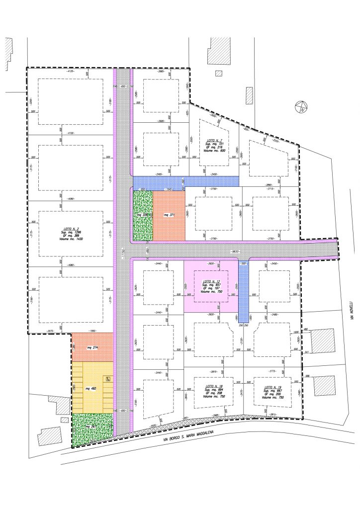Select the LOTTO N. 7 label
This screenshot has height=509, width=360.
[214, 141]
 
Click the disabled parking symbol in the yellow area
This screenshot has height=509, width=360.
[108, 379]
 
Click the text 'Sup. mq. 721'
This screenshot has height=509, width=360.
[215, 144]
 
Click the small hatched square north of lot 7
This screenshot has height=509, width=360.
[218, 74]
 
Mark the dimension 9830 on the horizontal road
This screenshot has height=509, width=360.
[236, 252]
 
